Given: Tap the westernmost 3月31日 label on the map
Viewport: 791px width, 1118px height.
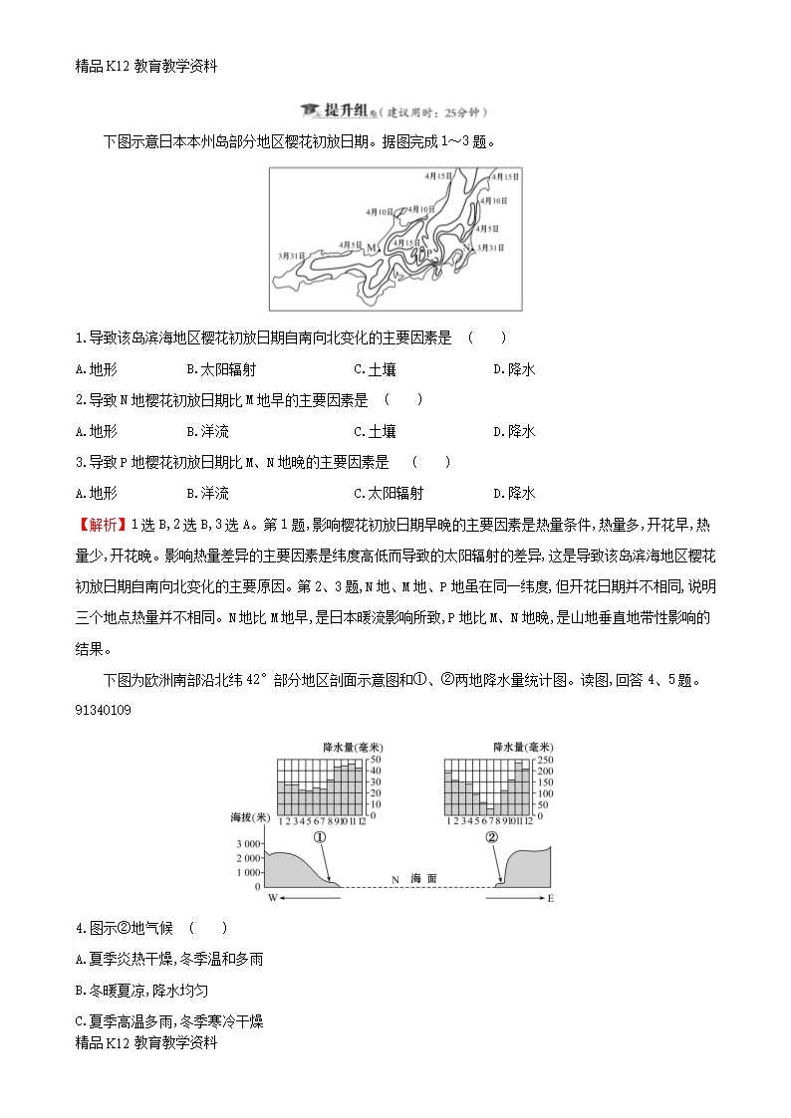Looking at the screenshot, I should coord(293,256).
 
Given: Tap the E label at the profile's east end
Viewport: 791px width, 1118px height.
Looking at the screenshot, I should coord(551,898).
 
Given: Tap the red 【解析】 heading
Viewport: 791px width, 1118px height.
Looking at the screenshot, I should coord(101,524).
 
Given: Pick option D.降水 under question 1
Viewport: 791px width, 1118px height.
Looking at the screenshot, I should coord(514,369).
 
